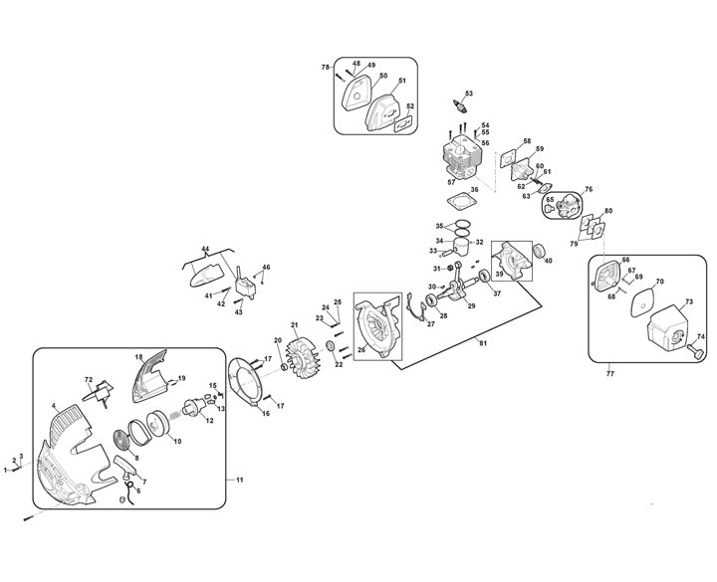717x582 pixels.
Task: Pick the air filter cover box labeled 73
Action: (x=660, y=328)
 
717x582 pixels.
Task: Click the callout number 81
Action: (x=482, y=343)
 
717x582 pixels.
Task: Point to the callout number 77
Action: (x=609, y=375)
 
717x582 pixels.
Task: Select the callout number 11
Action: (x=238, y=481)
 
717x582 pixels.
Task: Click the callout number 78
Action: (x=325, y=67)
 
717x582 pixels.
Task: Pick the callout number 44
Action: (x=205, y=247)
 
